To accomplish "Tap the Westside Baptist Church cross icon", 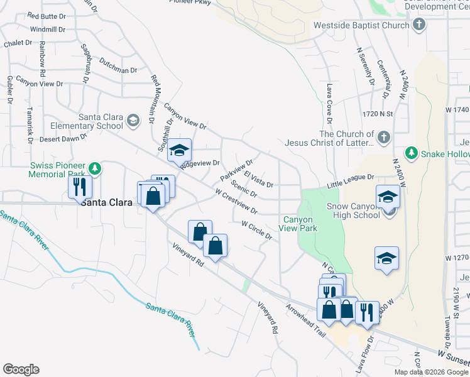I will tap(420, 26).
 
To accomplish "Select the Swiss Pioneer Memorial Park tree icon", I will tap(94, 168).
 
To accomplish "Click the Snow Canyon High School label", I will tap(353, 210).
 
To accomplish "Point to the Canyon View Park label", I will tap(300, 224).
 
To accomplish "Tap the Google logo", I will tap(21, 369).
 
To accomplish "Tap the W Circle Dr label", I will tap(256, 230).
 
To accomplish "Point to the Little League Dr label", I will tap(350, 182).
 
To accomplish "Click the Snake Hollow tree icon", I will tap(411, 153).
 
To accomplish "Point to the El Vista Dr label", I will tap(258, 180).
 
